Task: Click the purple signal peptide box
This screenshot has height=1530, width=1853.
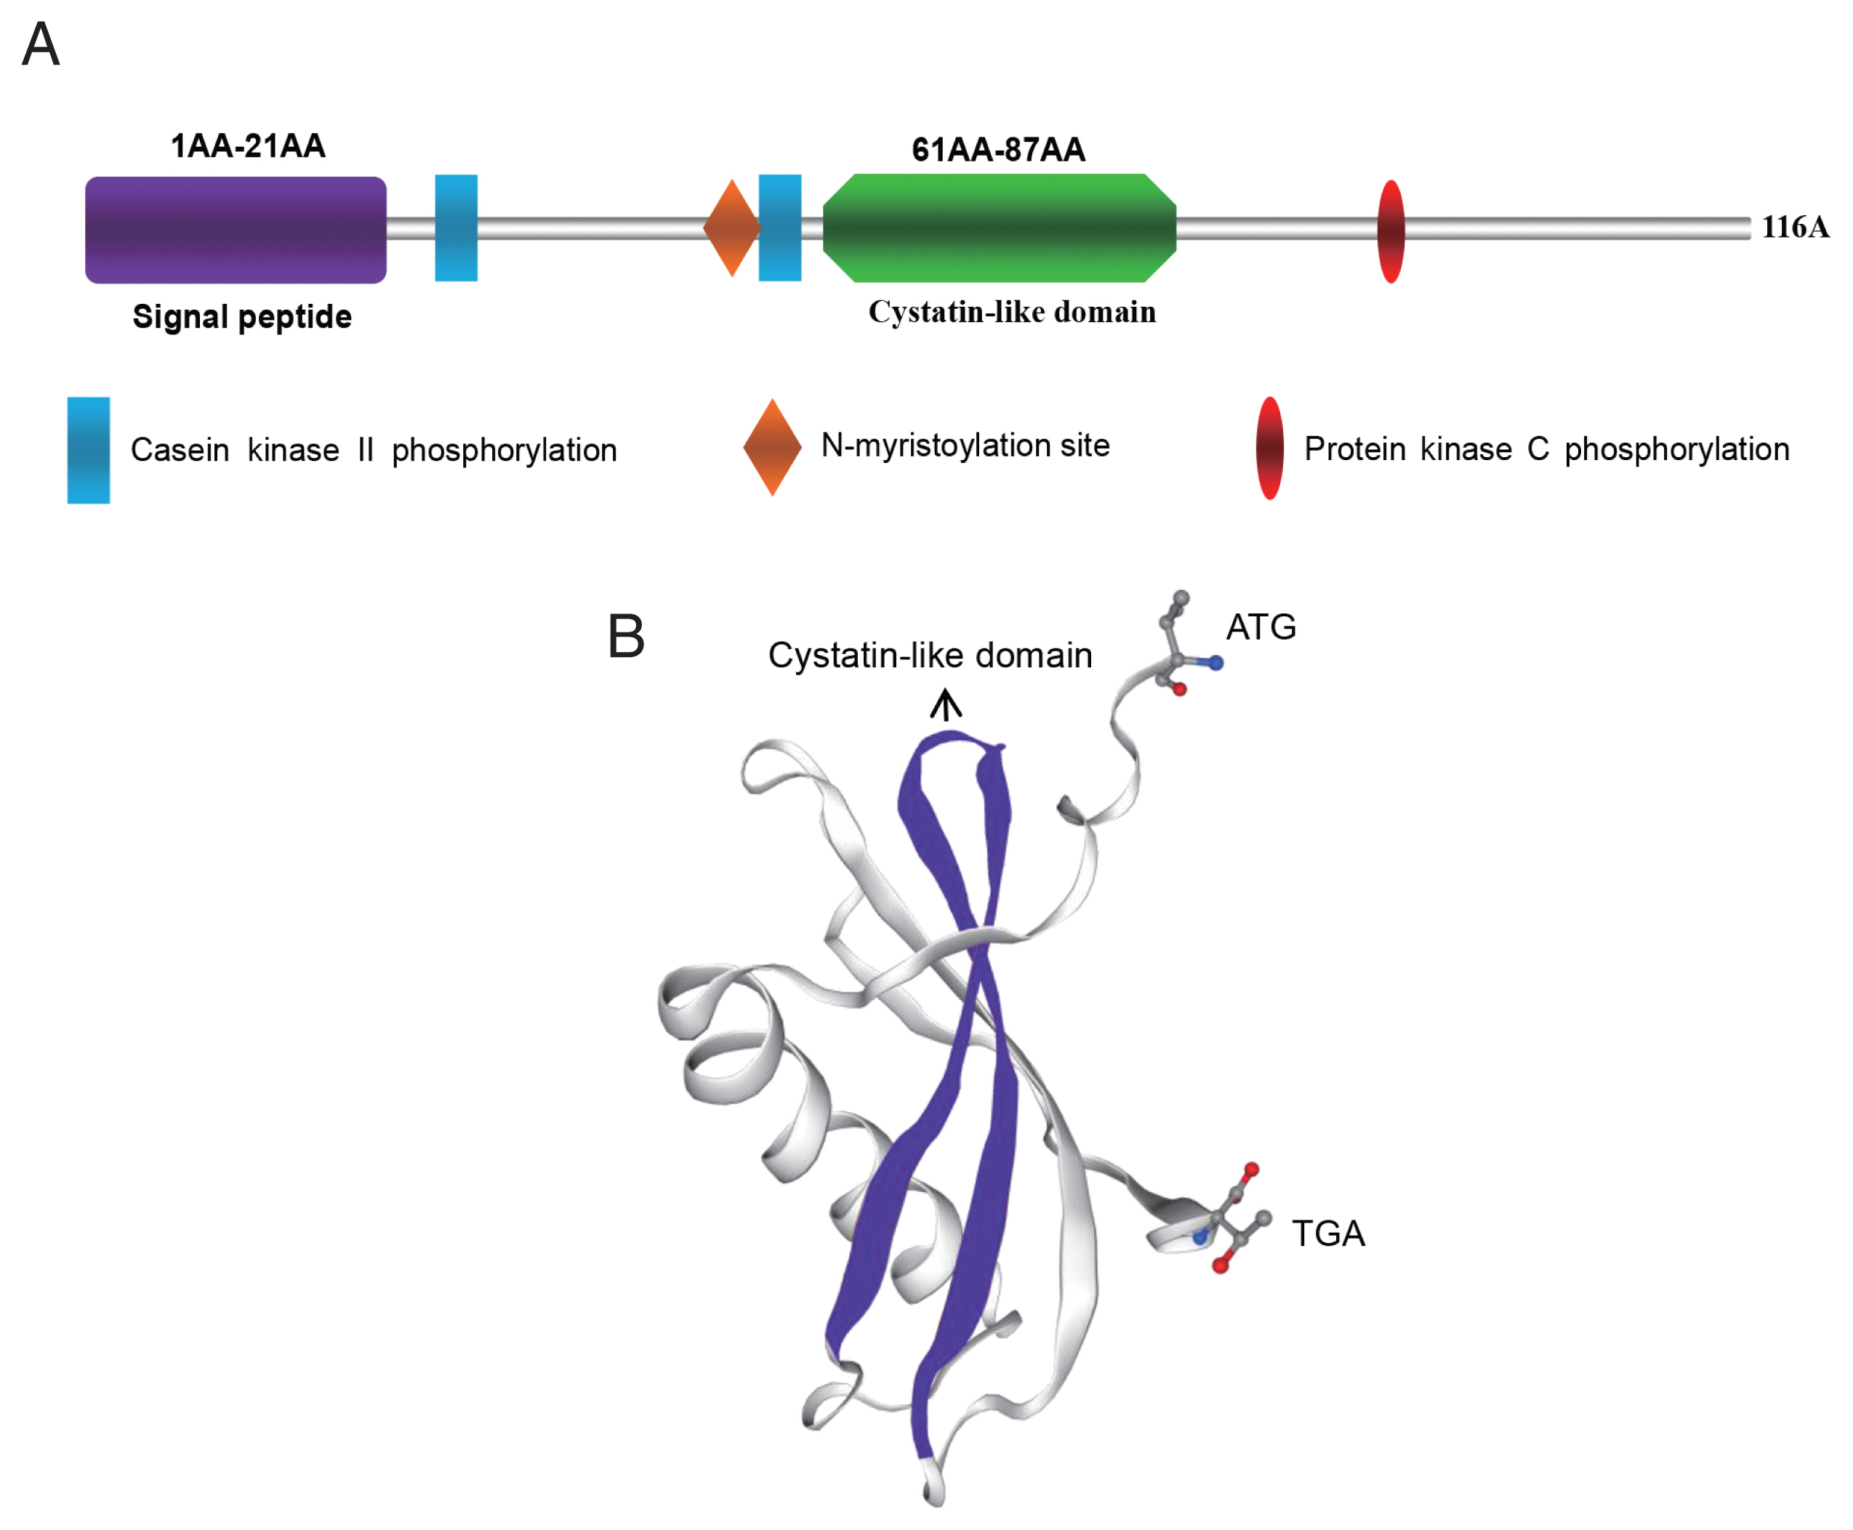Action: pos(236,230)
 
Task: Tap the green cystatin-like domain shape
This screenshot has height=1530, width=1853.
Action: pos(999,228)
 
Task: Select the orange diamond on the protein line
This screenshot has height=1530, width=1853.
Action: pos(731,228)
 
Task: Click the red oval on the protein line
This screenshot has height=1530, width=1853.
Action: pos(1390,232)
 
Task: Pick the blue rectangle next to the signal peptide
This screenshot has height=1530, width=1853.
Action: pos(456,228)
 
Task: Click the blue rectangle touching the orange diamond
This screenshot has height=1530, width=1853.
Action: pos(780,228)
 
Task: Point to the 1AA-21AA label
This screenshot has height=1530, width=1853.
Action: pos(248,146)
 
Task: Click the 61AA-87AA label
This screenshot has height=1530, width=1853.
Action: pos(998,150)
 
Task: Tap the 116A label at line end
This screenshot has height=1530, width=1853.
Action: pos(1795,228)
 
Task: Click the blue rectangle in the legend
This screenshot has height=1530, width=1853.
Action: pos(88,451)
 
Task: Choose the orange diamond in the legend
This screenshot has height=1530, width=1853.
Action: pos(772,448)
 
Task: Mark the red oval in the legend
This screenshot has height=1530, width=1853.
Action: pos(1269,448)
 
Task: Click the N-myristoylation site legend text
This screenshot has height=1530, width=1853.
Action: pos(965,446)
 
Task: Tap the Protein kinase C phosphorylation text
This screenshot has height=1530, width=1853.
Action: pos(1546,449)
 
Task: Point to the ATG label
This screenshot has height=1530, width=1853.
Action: pos(1261,627)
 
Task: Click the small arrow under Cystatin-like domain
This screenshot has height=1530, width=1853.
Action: pos(946,706)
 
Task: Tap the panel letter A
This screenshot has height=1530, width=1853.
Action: pos(41,44)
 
